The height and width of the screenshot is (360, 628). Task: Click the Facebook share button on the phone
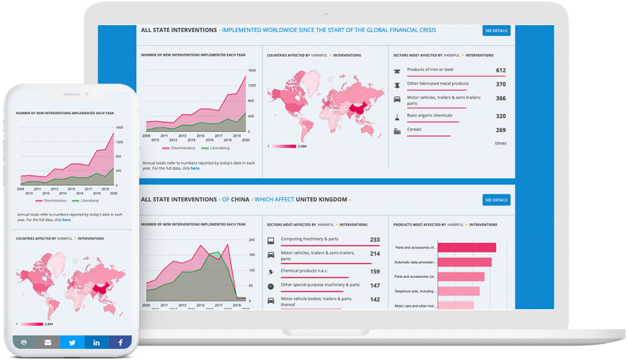[120, 342]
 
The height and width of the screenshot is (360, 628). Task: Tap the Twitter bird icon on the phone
[72, 342]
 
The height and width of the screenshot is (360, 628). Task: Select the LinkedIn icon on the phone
[96, 342]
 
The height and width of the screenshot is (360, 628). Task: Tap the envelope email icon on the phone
[48, 342]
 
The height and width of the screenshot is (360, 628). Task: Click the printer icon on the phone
[24, 342]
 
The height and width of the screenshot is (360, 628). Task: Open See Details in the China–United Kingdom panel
[496, 200]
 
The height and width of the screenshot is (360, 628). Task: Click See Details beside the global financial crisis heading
[496, 31]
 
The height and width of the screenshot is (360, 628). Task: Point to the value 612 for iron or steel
[500, 71]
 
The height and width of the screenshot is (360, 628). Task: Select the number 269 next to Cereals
[500, 130]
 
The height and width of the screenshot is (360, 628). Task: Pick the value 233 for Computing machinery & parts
[375, 240]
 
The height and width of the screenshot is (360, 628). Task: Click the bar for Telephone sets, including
[459, 291]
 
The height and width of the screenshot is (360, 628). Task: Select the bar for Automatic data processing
[465, 262]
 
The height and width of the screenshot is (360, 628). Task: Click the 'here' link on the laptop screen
[194, 168]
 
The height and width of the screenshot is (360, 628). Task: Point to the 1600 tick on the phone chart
[120, 128]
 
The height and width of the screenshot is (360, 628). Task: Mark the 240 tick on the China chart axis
[251, 240]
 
